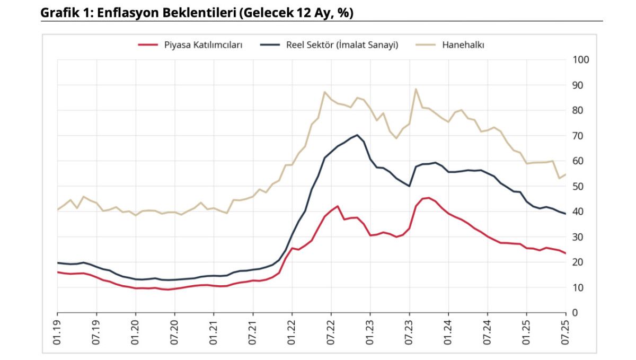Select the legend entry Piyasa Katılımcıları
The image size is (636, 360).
coord(203,45)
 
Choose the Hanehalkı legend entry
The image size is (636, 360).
coord(463,45)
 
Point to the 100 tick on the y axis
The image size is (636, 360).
coord(581,59)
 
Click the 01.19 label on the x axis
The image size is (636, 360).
coord(57,331)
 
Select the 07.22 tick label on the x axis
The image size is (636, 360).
coord(331,331)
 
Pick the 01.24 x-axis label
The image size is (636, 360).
coord(448,331)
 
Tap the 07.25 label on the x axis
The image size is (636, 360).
coord(566,331)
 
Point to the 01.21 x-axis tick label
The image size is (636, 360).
coord(213,331)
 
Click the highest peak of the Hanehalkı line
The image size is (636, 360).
coord(416,89)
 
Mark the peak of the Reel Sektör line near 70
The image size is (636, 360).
coord(357,135)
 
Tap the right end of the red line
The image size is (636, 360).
coord(566,253)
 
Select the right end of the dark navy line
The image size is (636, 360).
coord(566,214)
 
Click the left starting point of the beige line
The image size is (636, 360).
coord(57,210)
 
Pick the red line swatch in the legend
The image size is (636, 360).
coord(148,45)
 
